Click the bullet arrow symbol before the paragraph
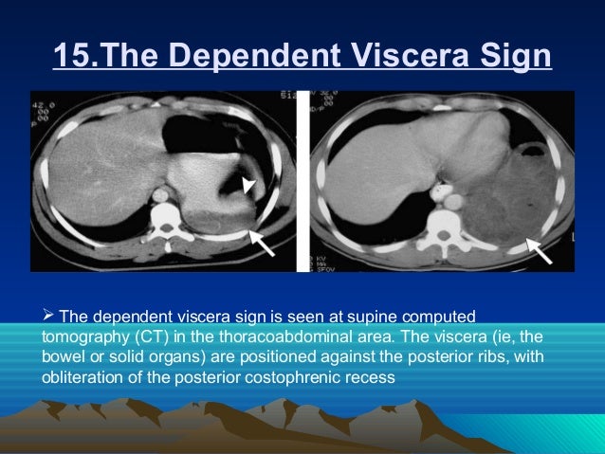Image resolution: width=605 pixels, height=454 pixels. click(49, 315)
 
